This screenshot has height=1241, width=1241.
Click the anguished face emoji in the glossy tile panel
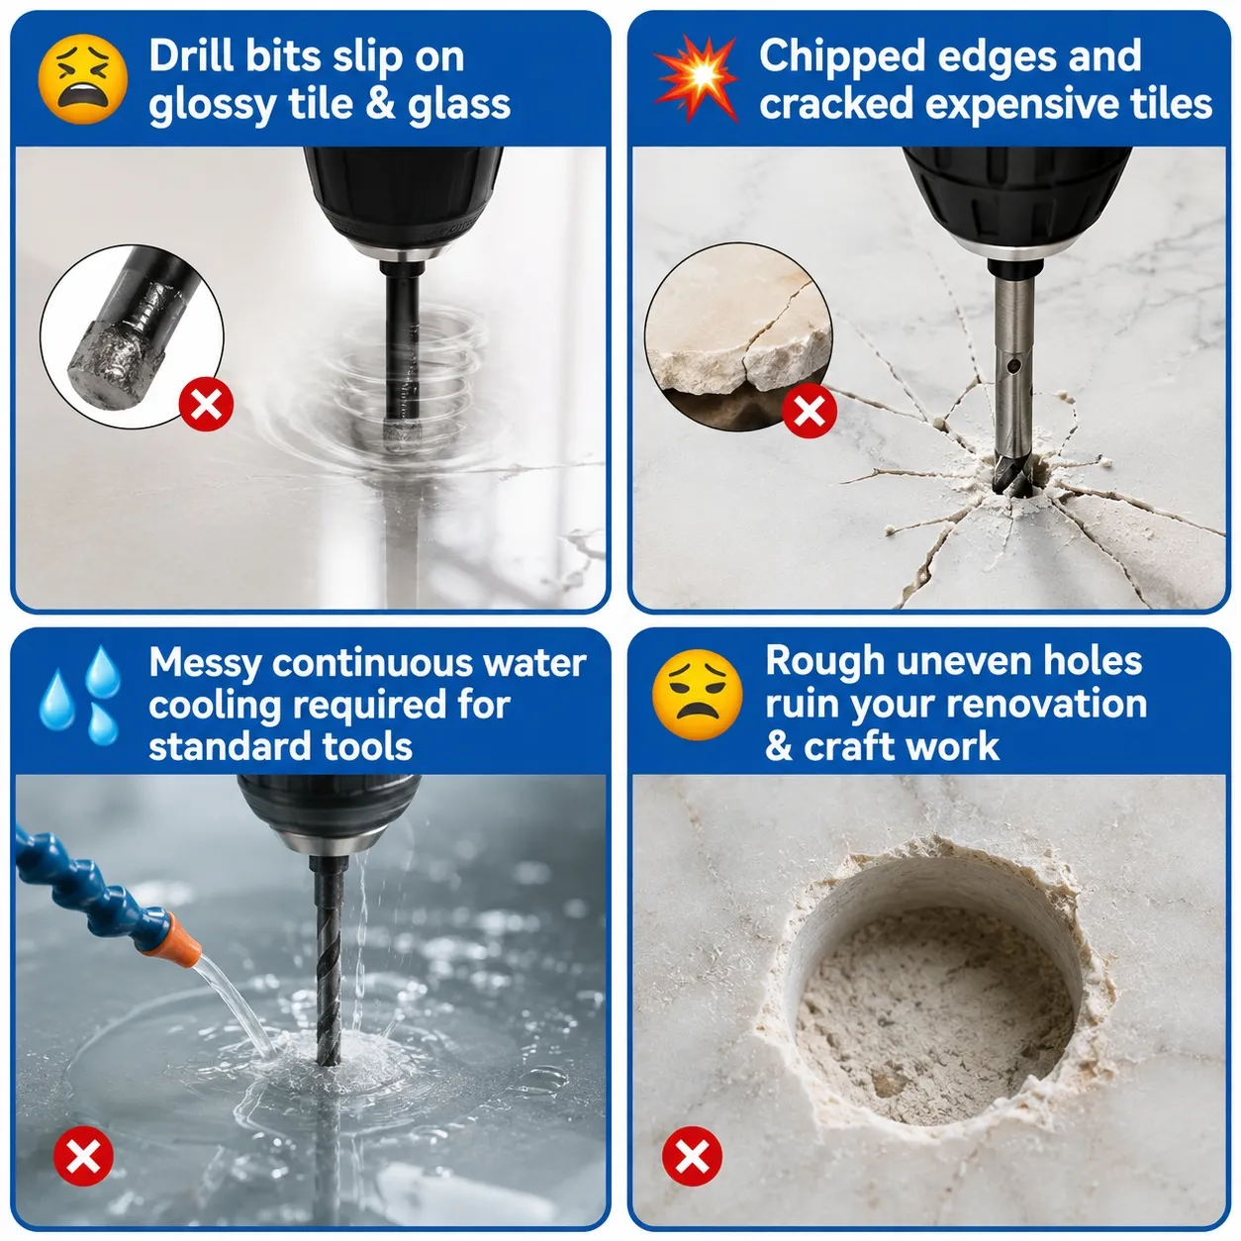83,78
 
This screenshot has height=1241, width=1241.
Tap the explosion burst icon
696,78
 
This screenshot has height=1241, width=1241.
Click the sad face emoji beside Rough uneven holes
697,695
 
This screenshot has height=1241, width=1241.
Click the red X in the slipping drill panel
206,404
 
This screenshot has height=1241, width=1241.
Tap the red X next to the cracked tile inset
810,411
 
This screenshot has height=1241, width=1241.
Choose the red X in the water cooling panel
84,1156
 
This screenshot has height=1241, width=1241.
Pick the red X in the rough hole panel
693,1156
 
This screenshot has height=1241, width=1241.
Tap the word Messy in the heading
205,663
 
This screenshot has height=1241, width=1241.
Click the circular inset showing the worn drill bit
132,335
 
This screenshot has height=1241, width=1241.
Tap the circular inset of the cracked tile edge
738,336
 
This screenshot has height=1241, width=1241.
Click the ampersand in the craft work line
779,746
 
